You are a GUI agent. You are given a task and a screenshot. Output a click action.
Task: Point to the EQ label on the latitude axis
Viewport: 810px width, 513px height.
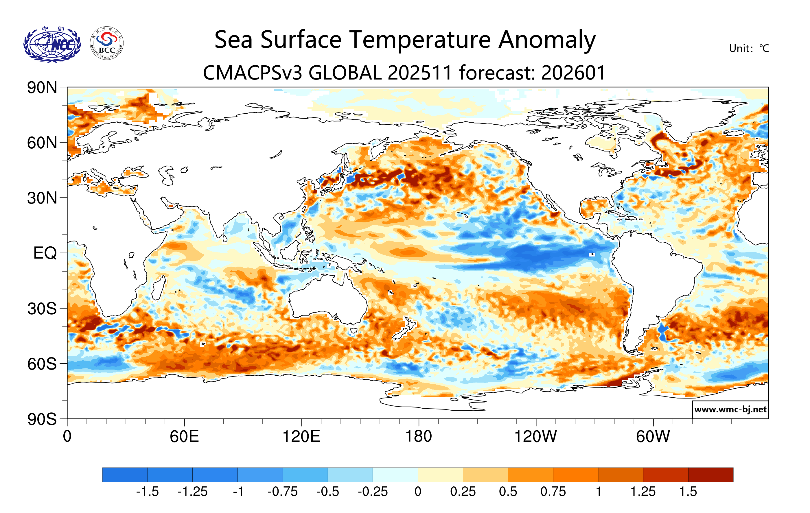[x=45, y=253]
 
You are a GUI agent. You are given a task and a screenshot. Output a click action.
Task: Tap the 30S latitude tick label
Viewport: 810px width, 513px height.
[x=42, y=308]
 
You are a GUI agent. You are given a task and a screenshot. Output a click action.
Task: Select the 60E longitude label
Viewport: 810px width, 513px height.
[x=184, y=436]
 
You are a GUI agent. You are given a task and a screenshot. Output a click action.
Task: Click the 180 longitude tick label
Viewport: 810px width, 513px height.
[x=419, y=436]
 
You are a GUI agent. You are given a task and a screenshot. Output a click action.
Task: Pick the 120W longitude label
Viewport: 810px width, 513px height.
[x=535, y=436]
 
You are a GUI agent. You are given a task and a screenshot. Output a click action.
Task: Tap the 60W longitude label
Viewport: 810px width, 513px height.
[x=653, y=436]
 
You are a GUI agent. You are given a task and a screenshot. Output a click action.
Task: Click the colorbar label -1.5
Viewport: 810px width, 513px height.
[x=147, y=492]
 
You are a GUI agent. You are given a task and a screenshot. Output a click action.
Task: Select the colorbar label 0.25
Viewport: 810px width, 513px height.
[x=463, y=492]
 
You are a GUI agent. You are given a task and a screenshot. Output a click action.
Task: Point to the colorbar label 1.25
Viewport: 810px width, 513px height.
[x=643, y=492]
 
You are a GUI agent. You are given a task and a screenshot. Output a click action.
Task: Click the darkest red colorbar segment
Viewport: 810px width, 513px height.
[x=710, y=474]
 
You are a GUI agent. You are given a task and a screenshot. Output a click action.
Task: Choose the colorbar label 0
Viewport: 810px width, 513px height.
[x=418, y=492]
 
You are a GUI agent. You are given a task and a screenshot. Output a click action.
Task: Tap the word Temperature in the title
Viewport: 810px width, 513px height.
[x=420, y=40]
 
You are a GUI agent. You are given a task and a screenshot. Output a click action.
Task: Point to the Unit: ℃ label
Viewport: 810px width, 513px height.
[x=749, y=48]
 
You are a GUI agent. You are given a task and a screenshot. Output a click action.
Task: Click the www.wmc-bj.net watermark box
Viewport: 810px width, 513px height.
[x=730, y=409]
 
